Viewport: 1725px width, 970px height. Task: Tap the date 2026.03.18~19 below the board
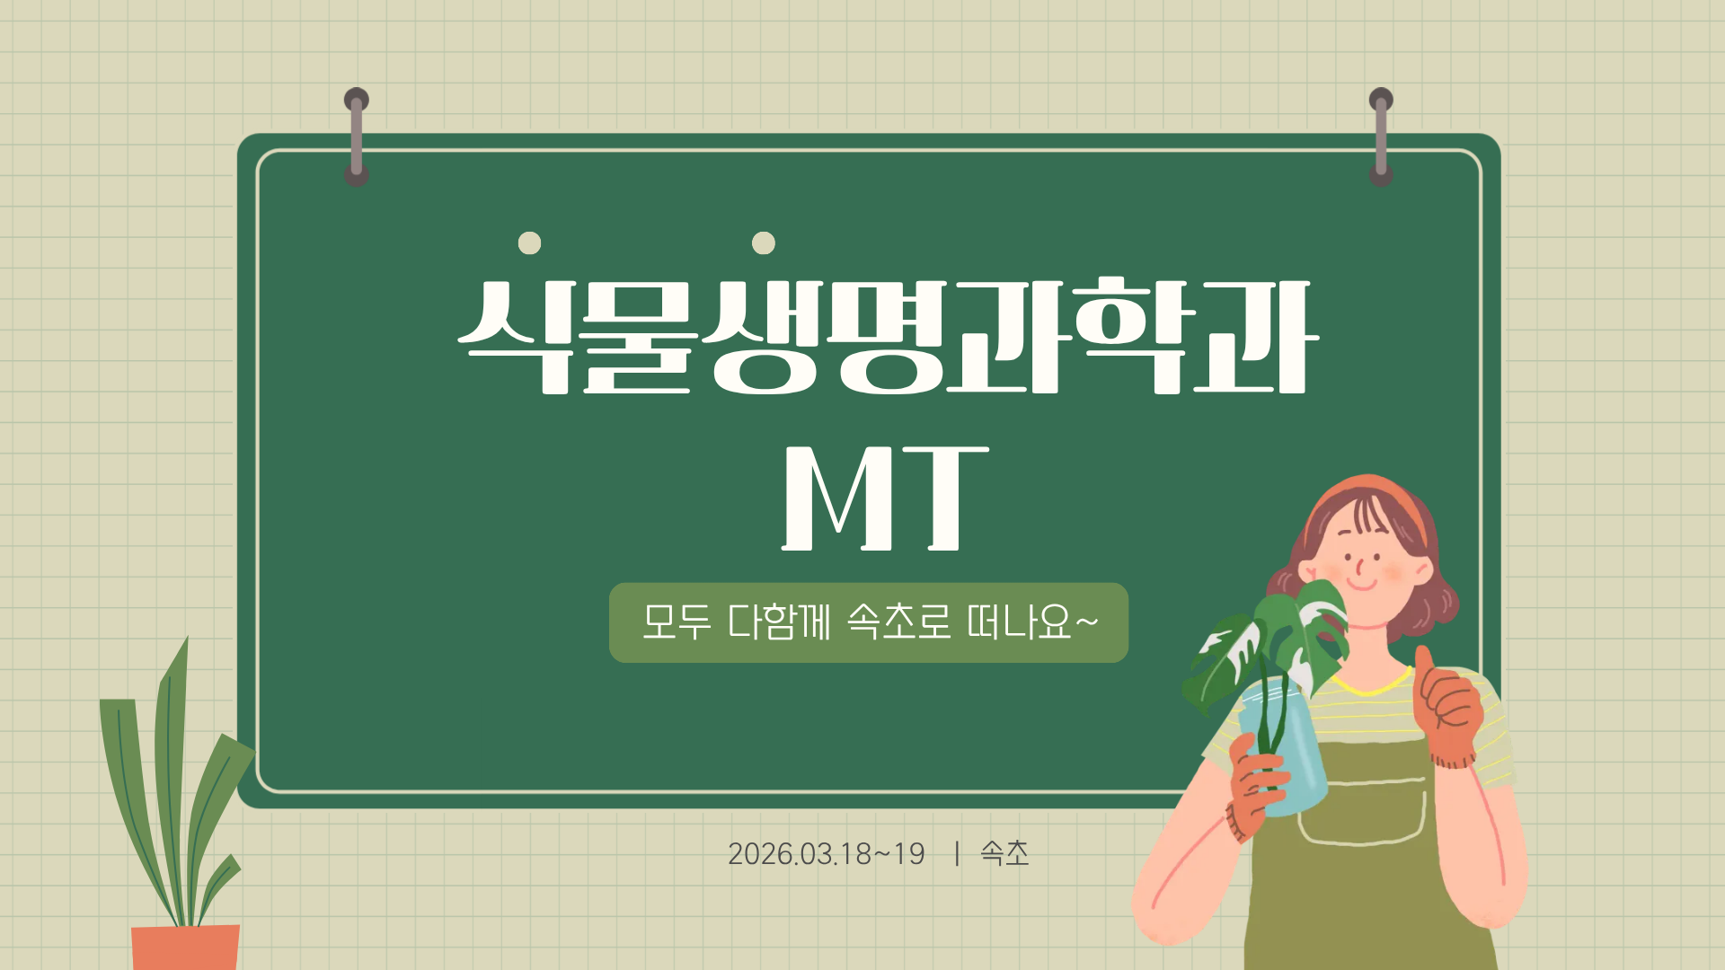click(826, 853)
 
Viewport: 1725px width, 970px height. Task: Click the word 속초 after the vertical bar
click(1004, 853)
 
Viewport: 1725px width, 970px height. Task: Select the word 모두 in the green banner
click(677, 622)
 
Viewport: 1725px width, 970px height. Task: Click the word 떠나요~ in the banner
click(1032, 622)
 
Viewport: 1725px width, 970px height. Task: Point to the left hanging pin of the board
click(357, 137)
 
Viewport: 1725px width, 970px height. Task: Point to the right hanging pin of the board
click(1381, 137)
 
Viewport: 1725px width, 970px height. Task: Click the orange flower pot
click(186, 947)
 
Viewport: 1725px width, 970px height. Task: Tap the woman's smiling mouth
click(1362, 585)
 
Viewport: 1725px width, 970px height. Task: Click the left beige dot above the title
click(530, 243)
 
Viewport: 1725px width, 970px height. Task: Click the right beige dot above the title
click(764, 243)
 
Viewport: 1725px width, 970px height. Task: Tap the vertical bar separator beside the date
click(957, 853)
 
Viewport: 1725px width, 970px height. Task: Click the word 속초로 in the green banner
click(898, 622)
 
